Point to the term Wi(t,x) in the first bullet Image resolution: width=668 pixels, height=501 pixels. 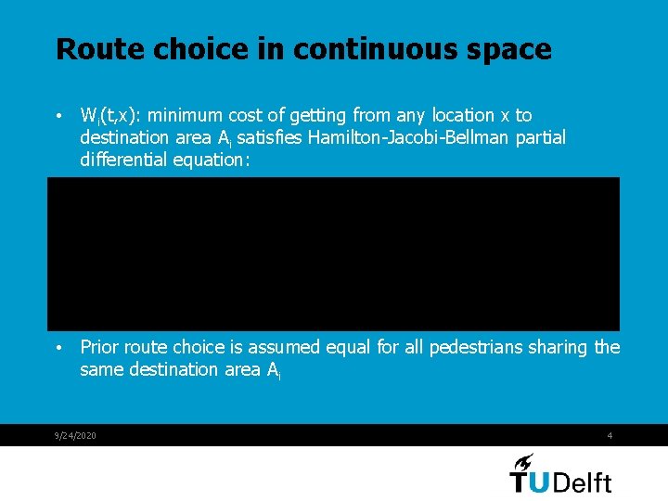click(x=109, y=116)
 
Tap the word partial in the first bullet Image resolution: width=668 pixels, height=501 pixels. click(x=538, y=138)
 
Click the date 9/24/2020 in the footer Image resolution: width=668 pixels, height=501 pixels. click(x=75, y=436)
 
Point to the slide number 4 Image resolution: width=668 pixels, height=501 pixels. click(x=610, y=436)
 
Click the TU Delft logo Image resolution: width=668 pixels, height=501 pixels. click(x=560, y=473)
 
